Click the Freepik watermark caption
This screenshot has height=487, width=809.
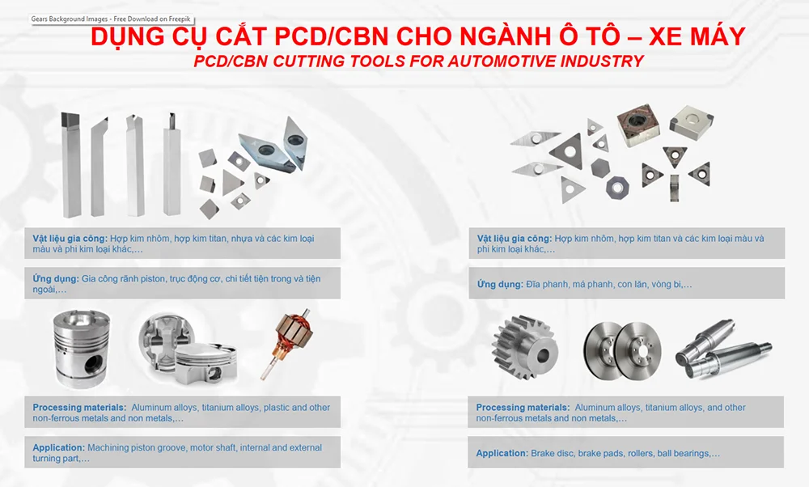[x=110, y=19]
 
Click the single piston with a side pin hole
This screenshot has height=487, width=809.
[x=82, y=349]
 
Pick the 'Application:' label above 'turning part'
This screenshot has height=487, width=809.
[x=58, y=447]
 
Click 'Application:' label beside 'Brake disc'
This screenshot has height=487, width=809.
[x=502, y=453]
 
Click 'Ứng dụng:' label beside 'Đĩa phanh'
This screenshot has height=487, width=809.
[x=500, y=284]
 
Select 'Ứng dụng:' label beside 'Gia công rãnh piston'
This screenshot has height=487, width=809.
[x=56, y=278]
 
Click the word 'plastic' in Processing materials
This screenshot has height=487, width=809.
[x=277, y=408]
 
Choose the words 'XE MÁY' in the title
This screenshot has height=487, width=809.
[x=697, y=36]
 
